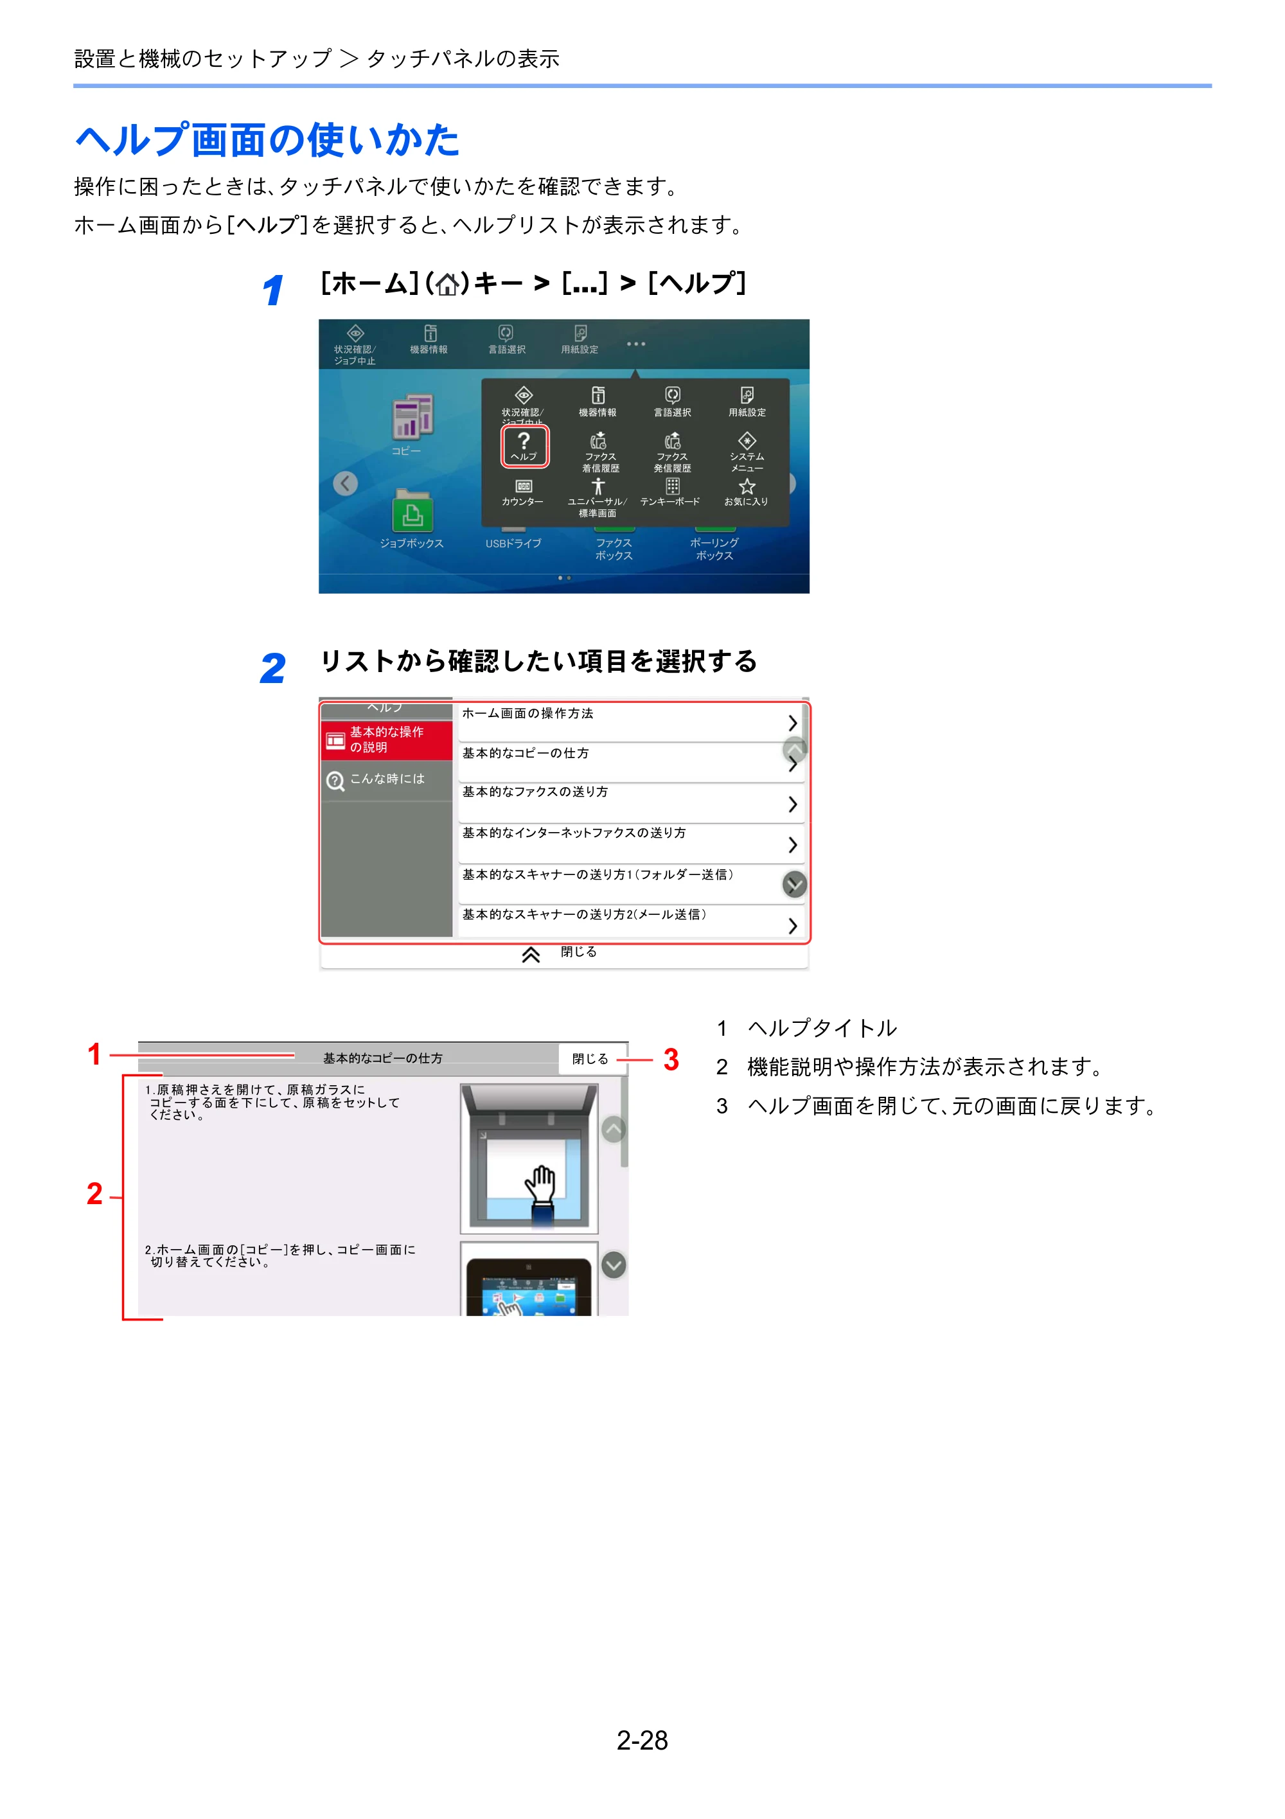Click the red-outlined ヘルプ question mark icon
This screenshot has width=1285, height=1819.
[524, 445]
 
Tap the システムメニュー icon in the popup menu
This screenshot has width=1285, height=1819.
[747, 441]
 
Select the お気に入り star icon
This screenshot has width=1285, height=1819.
[747, 486]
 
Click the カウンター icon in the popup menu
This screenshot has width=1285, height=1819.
[524, 486]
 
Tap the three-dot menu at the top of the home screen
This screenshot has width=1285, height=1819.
[635, 344]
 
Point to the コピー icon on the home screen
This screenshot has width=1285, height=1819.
[412, 417]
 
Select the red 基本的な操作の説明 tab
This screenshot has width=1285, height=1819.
[387, 740]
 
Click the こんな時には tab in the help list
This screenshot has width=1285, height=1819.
[387, 779]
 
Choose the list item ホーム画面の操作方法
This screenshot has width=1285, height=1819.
[630, 722]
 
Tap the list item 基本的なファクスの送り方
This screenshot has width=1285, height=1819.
[630, 803]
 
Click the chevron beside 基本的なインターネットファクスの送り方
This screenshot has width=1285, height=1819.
[792, 846]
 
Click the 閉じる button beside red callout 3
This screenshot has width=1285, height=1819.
[591, 1058]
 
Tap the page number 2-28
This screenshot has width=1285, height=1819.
[642, 1741]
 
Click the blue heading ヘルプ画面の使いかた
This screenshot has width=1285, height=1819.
[267, 140]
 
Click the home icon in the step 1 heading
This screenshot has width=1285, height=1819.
[448, 283]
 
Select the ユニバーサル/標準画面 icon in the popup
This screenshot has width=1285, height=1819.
[598, 486]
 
